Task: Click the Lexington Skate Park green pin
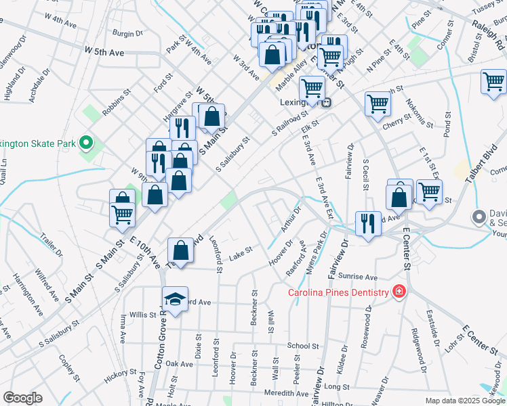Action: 86,143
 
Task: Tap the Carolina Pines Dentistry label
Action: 338,292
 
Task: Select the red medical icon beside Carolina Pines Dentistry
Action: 399,292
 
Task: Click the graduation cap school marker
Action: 174,299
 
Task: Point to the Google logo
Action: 22,398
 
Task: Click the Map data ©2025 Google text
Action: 465,401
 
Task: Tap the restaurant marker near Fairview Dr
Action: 367,223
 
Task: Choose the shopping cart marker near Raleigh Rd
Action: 493,82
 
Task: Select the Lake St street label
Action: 240,252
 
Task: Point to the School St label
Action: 302,345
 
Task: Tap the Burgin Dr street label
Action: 127,32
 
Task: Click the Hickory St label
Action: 121,376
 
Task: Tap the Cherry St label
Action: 397,120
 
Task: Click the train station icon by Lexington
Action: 326,103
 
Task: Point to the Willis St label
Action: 143,315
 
